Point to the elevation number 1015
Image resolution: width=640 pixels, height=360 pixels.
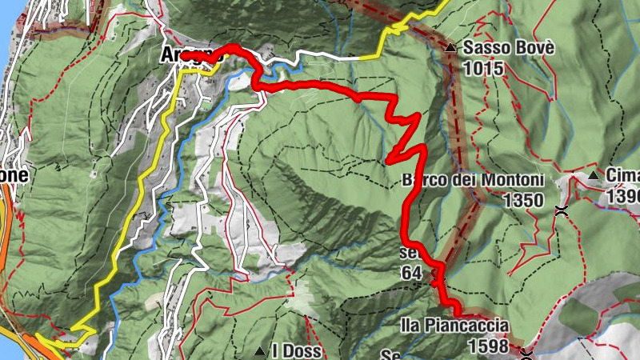(x=487, y=69)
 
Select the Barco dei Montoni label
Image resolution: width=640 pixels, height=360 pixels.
(x=474, y=181)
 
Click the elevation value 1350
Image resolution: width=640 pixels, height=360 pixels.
(x=524, y=200)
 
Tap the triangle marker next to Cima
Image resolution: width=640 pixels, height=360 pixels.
(x=593, y=175)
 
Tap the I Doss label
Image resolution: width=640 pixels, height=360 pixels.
(x=297, y=351)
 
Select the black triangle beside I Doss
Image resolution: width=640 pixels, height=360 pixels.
(x=259, y=351)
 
